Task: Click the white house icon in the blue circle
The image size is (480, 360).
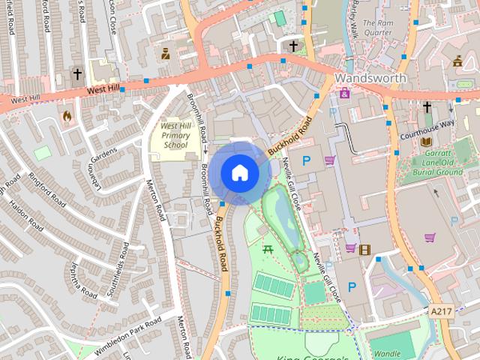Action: coord(239,172)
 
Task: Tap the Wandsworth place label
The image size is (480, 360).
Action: coord(370,78)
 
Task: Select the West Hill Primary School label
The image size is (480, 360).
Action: coord(176,135)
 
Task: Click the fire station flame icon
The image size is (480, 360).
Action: coord(67,116)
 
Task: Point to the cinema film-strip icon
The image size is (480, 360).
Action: coord(364,249)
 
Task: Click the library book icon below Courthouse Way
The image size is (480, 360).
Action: coord(426,142)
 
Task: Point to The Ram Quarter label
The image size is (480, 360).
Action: coord(377,28)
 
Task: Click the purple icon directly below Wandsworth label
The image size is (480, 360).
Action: coord(344,93)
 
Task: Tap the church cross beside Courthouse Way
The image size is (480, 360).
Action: coord(427,108)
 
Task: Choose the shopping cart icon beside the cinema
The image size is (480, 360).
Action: coord(350,248)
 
